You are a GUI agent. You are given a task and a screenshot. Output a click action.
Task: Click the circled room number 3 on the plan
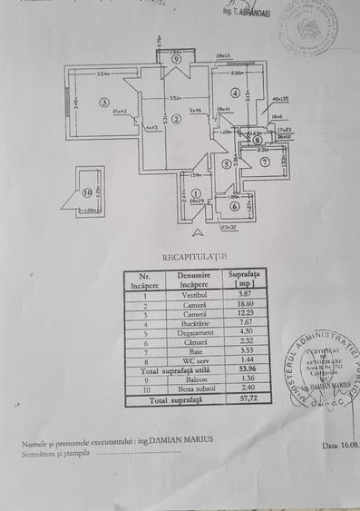(105, 102)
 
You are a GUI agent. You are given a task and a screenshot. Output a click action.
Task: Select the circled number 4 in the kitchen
(235, 93)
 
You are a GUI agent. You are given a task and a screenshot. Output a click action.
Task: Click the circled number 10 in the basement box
(88, 192)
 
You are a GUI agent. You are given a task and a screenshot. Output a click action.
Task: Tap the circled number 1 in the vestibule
(199, 190)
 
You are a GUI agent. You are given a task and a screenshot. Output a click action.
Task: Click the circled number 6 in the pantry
(234, 206)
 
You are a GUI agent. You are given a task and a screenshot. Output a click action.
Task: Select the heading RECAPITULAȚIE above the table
(188, 258)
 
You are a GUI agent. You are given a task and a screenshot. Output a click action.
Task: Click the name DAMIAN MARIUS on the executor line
(184, 439)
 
